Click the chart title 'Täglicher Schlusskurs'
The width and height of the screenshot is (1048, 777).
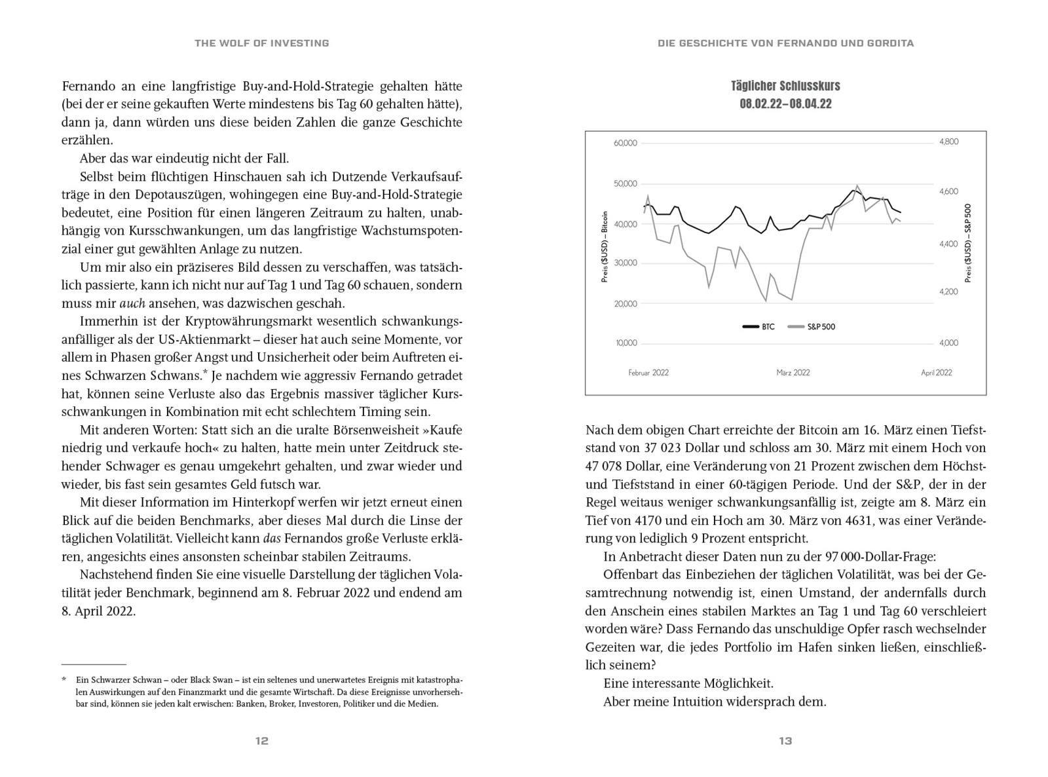pyautogui.click(x=785, y=86)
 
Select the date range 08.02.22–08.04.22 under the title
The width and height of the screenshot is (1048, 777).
pyautogui.click(x=785, y=104)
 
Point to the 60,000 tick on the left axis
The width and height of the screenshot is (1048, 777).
pyautogui.click(x=625, y=143)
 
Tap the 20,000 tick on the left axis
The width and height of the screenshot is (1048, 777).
pyautogui.click(x=625, y=303)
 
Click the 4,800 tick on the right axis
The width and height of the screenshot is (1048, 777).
pyautogui.click(x=948, y=142)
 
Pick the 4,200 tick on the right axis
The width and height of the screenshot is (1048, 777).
pyautogui.click(x=948, y=292)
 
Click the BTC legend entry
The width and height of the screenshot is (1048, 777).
pyautogui.click(x=759, y=326)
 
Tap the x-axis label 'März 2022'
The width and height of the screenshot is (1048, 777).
pyautogui.click(x=793, y=372)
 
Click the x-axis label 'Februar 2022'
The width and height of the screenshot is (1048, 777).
pyautogui.click(x=648, y=372)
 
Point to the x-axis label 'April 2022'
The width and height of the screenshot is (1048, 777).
pyautogui.click(x=936, y=372)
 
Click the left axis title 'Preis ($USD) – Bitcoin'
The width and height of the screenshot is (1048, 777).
pyautogui.click(x=605, y=246)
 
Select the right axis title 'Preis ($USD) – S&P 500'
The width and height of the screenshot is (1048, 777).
pyautogui.click(x=969, y=243)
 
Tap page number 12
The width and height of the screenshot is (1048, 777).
pyautogui.click(x=261, y=741)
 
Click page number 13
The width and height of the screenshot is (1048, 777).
pyautogui.click(x=785, y=741)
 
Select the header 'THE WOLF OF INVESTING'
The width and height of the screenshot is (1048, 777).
pyautogui.click(x=261, y=43)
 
